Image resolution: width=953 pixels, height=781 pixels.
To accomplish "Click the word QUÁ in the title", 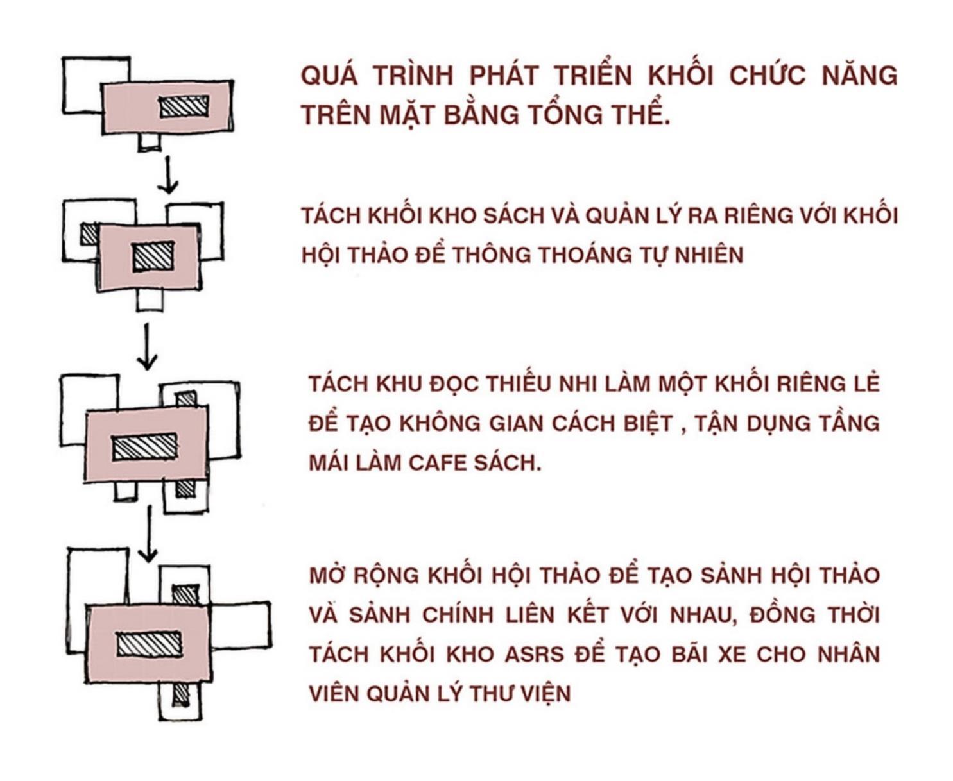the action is tap(328, 76).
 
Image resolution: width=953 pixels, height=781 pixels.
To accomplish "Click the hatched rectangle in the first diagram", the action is tap(184, 106).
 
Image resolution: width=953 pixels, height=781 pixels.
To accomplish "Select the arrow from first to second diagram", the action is tap(168, 174).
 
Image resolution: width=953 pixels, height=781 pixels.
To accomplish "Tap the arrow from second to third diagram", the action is tap(148, 346).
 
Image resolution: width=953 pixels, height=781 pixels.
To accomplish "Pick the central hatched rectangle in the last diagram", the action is tap(150, 644).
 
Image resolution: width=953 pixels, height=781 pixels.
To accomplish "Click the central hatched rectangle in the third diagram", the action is tap(144, 447).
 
